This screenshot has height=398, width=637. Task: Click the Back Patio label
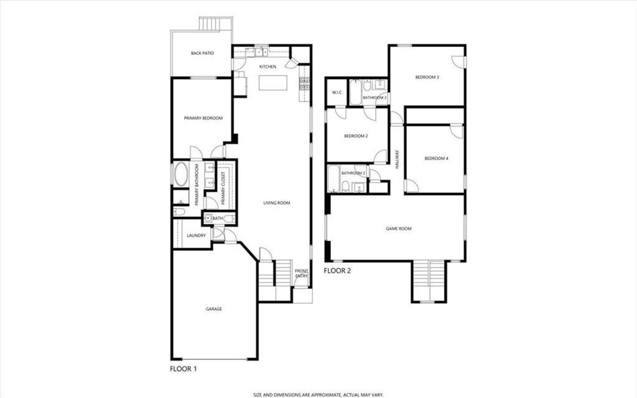(x=202, y=54)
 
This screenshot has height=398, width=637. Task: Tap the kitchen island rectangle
(x=274, y=83)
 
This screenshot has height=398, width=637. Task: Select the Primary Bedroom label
(x=203, y=118)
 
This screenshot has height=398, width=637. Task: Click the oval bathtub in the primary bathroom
(x=181, y=174)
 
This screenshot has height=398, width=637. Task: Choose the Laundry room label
(x=196, y=235)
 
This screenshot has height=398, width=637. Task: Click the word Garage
(x=214, y=309)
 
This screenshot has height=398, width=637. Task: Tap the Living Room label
(x=277, y=203)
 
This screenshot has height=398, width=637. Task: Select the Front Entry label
(x=302, y=273)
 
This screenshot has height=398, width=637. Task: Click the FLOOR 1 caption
(x=184, y=369)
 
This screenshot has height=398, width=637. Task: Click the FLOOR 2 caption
(x=338, y=271)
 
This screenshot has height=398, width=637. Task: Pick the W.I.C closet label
(x=337, y=92)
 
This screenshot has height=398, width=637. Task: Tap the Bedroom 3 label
(x=427, y=77)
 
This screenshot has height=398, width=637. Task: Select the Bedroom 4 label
(x=436, y=159)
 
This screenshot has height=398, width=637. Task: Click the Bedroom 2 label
(x=356, y=136)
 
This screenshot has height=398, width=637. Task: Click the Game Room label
(x=399, y=229)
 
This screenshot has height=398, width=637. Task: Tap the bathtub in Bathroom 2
(x=333, y=179)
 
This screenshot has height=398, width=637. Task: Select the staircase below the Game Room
(x=429, y=281)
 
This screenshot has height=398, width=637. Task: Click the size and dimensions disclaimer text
(x=318, y=394)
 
